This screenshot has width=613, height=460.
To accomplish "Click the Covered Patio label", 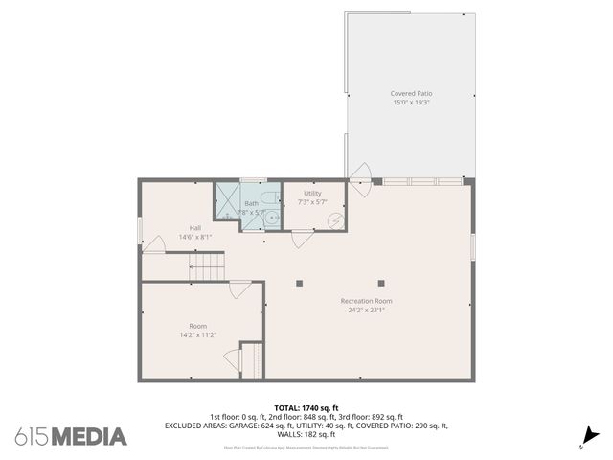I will pos(410,93).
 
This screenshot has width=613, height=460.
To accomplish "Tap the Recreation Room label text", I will pos(366,301).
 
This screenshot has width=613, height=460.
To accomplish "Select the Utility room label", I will pos(313,194).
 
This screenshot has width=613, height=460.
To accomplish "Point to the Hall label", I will pos(195,227).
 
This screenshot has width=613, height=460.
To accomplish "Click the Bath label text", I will pos(251,203).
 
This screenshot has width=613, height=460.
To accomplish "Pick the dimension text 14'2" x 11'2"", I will pos(197,334).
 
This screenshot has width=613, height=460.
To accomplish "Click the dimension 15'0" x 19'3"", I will pos(410,102).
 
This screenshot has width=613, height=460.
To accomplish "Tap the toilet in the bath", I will pos(271,198).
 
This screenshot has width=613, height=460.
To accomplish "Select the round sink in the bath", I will pos(271,218).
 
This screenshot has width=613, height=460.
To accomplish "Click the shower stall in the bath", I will pos(226,206).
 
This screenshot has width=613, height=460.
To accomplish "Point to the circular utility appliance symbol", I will pos(336,219).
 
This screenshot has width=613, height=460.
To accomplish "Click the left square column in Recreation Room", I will pos(300,283).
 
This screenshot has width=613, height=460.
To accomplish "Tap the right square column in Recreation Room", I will pos(381,283).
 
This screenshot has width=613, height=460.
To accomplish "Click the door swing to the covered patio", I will pos(361,176).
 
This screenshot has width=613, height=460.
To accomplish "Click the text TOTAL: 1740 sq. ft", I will pos(306,407).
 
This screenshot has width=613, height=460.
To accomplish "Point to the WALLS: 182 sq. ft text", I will pos(306,434).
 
